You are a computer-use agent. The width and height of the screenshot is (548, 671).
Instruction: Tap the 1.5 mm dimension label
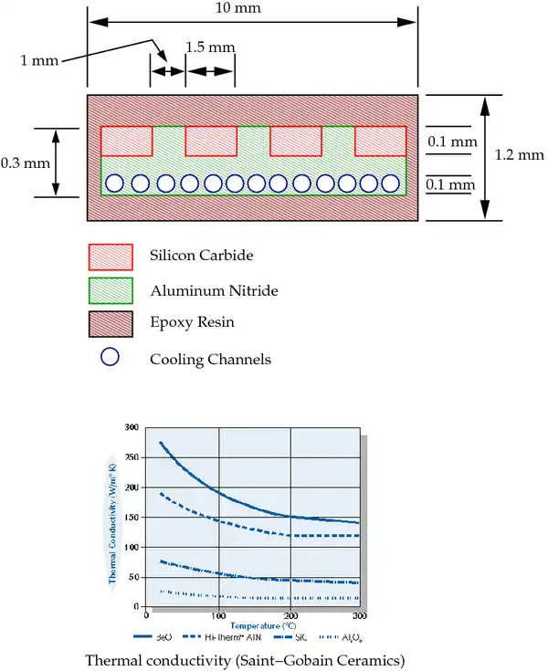click(210, 47)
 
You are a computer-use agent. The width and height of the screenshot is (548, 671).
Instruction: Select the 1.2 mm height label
click(519, 155)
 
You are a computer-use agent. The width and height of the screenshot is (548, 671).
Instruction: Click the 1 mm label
click(40, 60)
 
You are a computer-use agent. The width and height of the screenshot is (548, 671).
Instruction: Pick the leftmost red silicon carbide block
click(126, 141)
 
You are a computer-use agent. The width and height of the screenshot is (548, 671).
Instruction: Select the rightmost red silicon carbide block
click(380, 141)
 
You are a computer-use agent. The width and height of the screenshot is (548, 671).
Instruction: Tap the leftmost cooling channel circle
click(115, 183)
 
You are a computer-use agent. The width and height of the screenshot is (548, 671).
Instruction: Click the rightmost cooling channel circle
click(394, 183)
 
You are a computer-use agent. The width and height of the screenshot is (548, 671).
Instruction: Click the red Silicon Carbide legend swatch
click(111, 256)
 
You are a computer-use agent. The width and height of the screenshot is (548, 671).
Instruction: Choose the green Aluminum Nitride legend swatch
click(111, 290)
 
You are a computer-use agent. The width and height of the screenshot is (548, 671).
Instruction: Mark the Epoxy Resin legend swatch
click(111, 324)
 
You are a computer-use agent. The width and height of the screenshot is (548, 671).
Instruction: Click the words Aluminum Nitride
click(214, 291)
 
